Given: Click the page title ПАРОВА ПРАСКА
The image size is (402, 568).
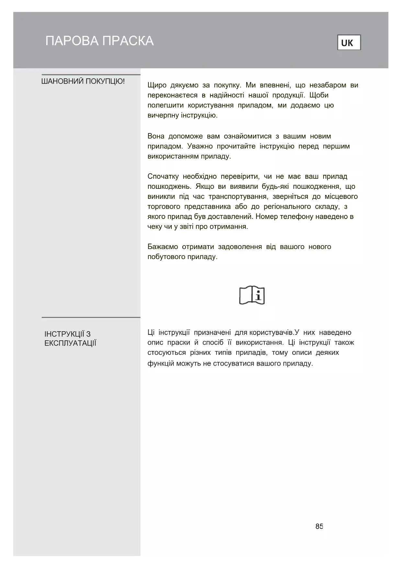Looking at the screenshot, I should coord(99,41).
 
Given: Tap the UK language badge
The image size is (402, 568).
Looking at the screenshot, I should coord(349,43).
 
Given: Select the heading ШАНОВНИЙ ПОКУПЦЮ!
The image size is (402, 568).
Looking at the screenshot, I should coord(83,81).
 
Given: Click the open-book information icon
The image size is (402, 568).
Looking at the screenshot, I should coord(252,295).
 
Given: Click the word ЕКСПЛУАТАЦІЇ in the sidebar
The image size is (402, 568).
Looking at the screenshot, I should coord(70,343).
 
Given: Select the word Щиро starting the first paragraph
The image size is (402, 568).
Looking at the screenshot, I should coord(157,85).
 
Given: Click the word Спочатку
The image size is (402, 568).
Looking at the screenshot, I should coord(163,176).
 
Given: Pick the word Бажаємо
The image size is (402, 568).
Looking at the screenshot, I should coord(163,247).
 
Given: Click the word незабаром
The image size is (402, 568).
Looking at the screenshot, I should coord(328,85).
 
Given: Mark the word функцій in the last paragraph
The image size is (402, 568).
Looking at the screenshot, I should coord(161,363).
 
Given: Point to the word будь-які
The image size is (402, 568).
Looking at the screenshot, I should coord(275,187).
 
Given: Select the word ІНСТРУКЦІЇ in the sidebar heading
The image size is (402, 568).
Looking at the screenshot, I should coord(64,334).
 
